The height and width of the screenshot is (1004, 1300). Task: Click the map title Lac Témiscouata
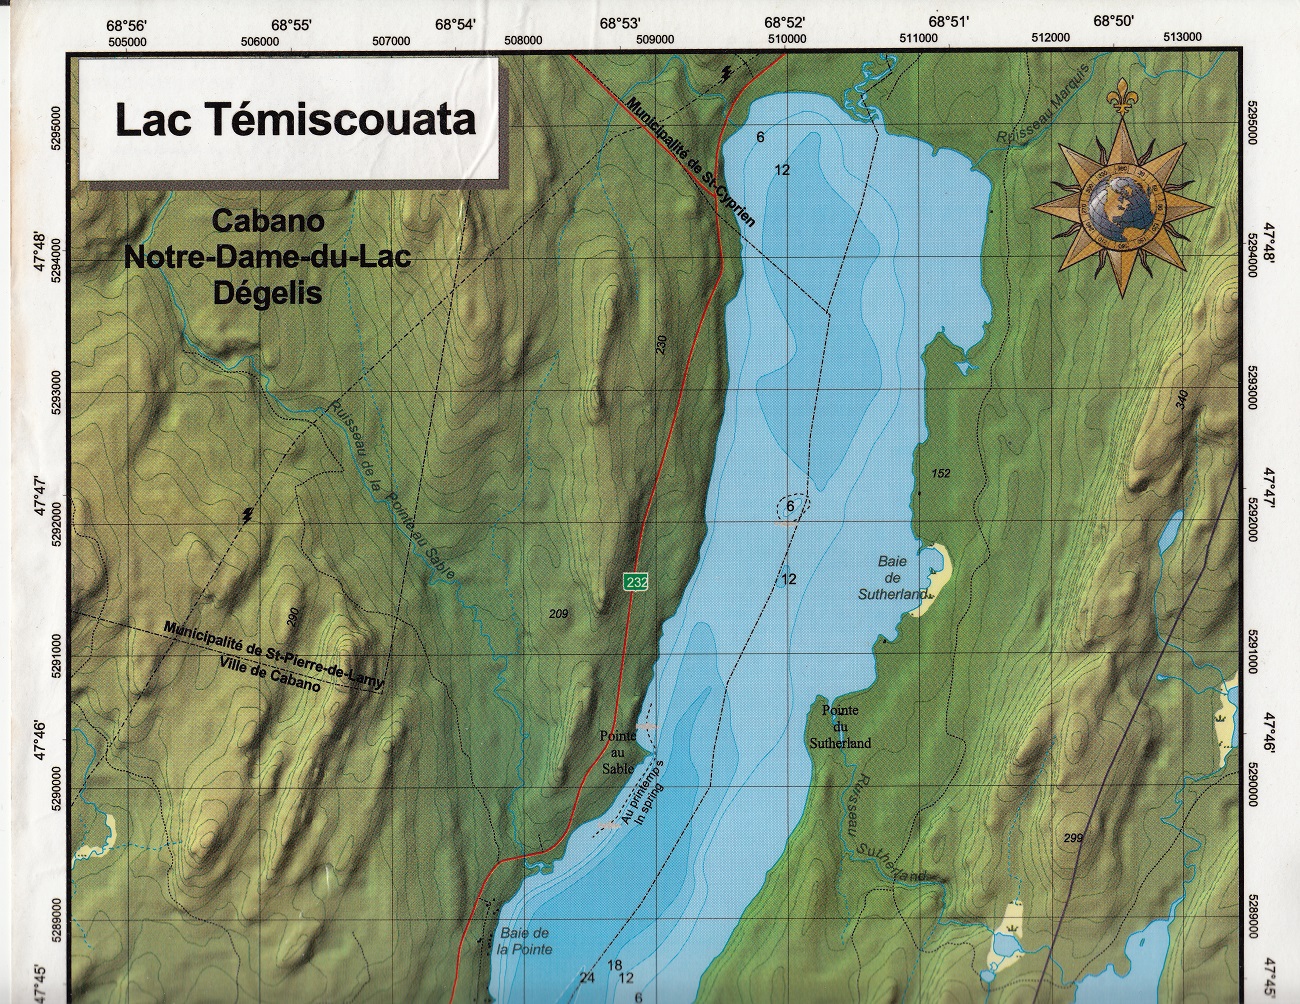pyautogui.click(x=295, y=119)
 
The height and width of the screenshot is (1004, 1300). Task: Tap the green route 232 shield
pyautogui.click(x=635, y=582)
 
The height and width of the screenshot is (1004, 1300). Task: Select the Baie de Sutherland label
pyautogui.click(x=891, y=577)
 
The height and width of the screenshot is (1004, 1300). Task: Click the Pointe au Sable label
pyautogui.click(x=617, y=752)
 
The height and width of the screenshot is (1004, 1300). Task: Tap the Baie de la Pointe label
pyautogui.click(x=525, y=941)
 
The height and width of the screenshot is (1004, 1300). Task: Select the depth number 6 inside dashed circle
pyautogui.click(x=790, y=507)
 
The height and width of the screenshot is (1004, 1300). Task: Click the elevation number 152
pyautogui.click(x=940, y=473)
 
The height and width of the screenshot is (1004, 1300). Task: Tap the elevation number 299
pyautogui.click(x=1073, y=838)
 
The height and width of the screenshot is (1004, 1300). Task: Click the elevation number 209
pyautogui.click(x=558, y=614)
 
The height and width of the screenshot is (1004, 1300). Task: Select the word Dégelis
pyautogui.click(x=267, y=294)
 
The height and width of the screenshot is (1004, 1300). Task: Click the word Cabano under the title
pyautogui.click(x=267, y=221)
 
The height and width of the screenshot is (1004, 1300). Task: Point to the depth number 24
pyautogui.click(x=586, y=978)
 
